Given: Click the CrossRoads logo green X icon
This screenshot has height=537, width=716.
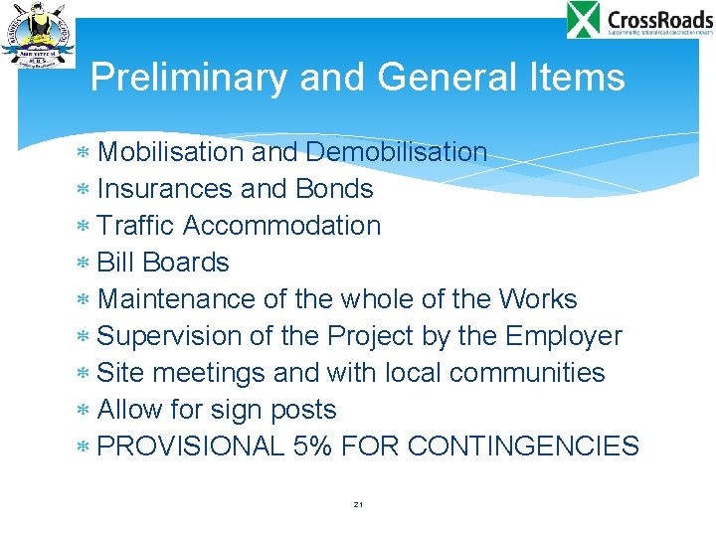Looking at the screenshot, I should point(584,20).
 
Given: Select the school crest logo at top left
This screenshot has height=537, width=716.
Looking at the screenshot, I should point(38,35).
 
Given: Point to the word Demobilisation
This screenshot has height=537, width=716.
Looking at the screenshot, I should point(397,152).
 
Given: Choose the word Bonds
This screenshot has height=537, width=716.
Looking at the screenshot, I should point(334,189).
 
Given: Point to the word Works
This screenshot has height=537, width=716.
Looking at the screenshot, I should point(538,299).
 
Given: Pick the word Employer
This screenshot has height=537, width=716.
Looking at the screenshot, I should point(564,336).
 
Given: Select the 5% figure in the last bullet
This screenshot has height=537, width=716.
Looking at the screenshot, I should point(313,447).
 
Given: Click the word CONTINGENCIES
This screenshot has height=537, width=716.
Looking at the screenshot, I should point(523,447).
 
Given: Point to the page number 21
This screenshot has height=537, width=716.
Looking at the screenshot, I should point(358,505).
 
